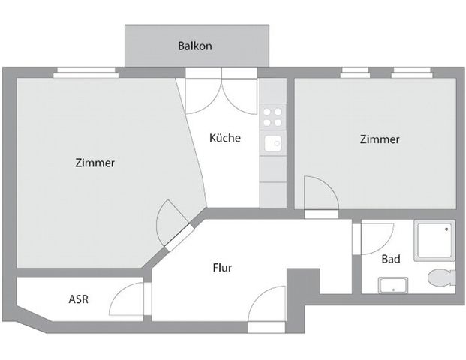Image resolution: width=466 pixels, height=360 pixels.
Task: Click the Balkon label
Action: pos(194,46)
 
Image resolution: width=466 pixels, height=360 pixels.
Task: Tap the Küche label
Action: pos(224,138)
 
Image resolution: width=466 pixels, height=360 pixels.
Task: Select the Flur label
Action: pos(222,268)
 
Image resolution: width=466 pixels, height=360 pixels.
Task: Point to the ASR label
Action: pos(78,298)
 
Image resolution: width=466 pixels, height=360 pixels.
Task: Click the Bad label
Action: pos(390,259)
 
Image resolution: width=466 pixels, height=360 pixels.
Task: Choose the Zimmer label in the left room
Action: pos(95,163)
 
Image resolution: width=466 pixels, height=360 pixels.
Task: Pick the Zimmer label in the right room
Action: pos(379,139)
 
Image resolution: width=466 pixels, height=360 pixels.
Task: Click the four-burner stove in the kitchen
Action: pos(272,117)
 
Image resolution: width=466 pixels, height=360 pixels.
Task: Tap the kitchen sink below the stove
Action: pos(273,142)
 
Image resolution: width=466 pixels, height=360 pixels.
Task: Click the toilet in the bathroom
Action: pos(440,277)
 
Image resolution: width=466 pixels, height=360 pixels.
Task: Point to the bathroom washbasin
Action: pos(393,284)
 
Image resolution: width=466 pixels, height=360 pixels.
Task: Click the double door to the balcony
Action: pos(221,94)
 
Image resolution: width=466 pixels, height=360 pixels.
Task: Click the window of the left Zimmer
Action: pos(86,73)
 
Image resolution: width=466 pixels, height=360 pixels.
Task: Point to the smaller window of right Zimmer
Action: pos(355,73)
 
